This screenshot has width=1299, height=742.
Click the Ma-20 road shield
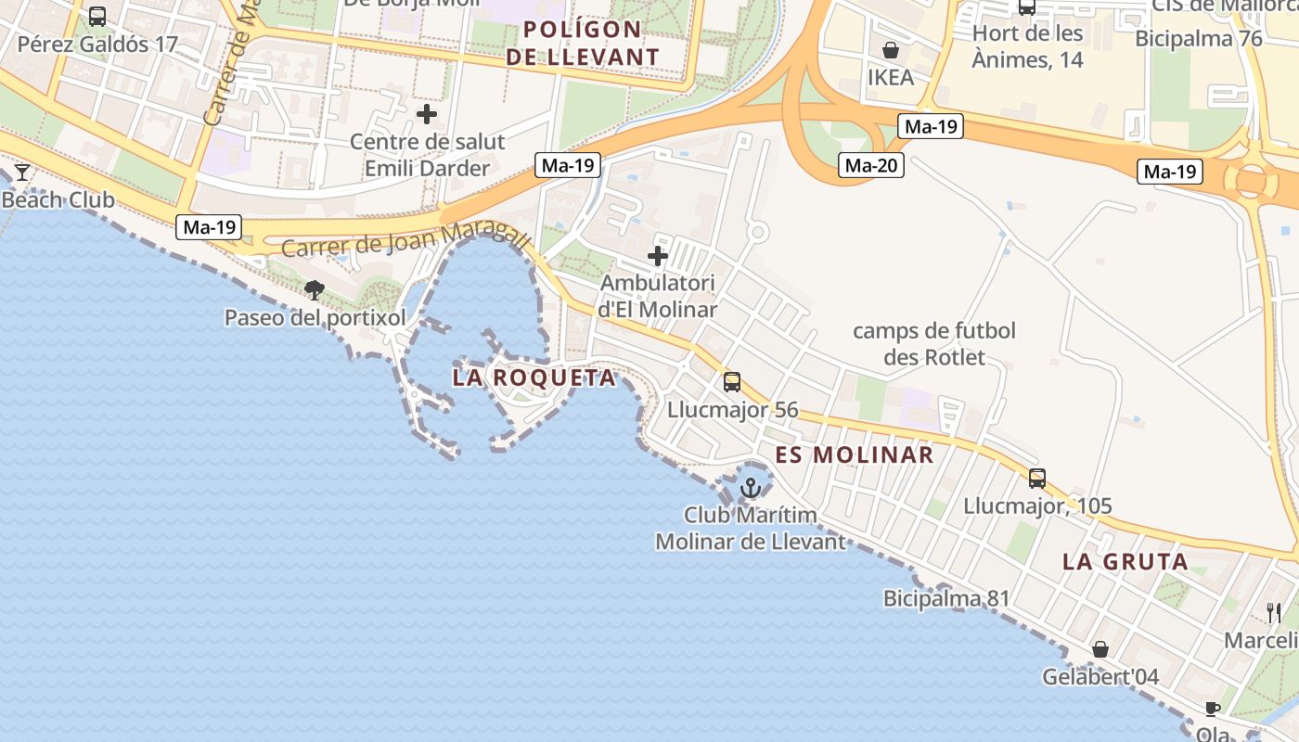tap(870, 166)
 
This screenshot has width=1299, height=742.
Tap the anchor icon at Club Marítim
tap(750, 487)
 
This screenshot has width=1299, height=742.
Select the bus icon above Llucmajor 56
tap(732, 381)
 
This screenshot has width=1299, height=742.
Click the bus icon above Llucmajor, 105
tap(1037, 479)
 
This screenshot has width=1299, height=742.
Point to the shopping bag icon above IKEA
tap(891, 49)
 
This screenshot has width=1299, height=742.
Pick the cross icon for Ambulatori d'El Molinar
tap(658, 256)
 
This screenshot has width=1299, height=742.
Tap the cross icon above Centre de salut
tap(427, 114)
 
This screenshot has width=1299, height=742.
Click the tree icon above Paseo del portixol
tap(315, 290)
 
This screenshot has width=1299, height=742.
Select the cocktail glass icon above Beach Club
tap(22, 173)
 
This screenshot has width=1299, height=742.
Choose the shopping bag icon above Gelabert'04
tap(1100, 649)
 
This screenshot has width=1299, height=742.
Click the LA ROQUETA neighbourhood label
tap(534, 377)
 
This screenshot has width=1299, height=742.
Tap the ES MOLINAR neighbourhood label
tap(855, 454)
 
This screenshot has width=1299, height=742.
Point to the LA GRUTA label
tap(1125, 561)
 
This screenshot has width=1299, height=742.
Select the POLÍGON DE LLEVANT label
tap(591, 43)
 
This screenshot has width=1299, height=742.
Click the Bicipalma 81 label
tap(946, 598)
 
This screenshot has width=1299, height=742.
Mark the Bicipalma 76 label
tap(1199, 39)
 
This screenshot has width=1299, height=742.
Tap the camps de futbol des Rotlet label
tap(934, 343)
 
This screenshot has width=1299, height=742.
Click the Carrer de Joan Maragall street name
tap(405, 239)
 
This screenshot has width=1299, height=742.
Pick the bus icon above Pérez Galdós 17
tap(97, 16)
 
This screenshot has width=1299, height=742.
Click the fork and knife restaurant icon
tap(1274, 612)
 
